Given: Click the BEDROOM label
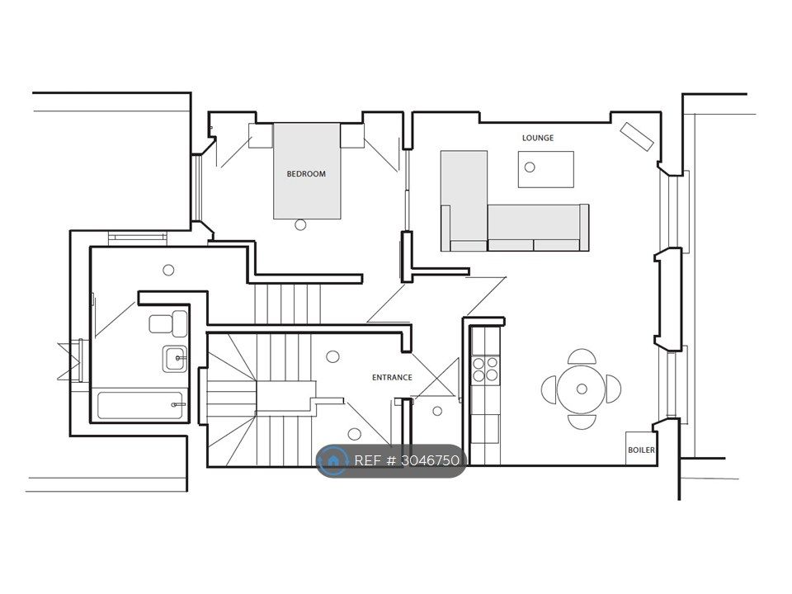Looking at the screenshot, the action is coord(306,174).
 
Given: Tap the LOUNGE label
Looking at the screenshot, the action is coord(538,138).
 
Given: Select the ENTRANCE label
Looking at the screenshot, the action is coord(392,377).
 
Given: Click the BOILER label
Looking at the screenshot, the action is coord(641,450).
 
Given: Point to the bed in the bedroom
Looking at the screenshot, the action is coord(307,172).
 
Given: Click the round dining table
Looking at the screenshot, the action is coord(582,389).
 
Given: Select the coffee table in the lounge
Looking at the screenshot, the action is coord(546,169).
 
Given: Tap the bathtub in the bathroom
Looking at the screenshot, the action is coord(140,405).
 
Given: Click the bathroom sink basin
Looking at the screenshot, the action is coord(175,359).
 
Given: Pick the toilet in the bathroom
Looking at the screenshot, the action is coord(168,323).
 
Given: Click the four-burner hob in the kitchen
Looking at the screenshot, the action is coord(485,369).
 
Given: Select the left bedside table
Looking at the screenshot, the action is coord(261,135).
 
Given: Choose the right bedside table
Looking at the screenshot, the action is coord(352,135).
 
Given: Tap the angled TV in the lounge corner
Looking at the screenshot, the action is coord(637,136).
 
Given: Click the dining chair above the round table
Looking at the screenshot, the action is coord(582,356).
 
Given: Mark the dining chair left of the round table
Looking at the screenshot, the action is coord(549,389).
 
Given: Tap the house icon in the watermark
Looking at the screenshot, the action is coord(332,460).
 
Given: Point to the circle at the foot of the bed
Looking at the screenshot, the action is coord(300,224).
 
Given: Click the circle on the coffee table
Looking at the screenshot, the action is coord(530,167).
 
